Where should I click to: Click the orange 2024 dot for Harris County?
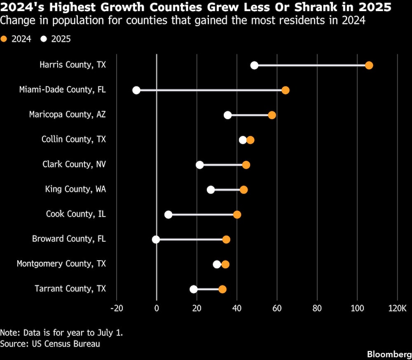[x=369, y=66]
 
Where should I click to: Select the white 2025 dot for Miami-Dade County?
[x=136, y=90]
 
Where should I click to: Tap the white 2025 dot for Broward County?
[x=156, y=240]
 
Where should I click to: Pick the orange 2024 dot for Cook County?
[x=237, y=214]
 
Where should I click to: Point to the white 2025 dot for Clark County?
[x=200, y=165]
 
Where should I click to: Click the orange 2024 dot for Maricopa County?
[x=272, y=115]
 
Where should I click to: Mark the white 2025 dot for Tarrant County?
[x=194, y=289]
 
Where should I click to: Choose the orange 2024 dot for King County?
[x=243, y=190]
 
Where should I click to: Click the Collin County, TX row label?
[x=74, y=139]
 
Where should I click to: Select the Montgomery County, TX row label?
[x=61, y=264]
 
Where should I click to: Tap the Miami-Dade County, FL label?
[x=63, y=89]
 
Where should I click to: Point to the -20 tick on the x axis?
[x=117, y=308]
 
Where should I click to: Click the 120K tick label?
[x=397, y=308]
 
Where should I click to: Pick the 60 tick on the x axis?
[x=277, y=308]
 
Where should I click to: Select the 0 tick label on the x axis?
[x=157, y=308]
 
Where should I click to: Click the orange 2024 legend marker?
[x=4, y=39]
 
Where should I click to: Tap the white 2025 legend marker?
[x=44, y=39]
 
